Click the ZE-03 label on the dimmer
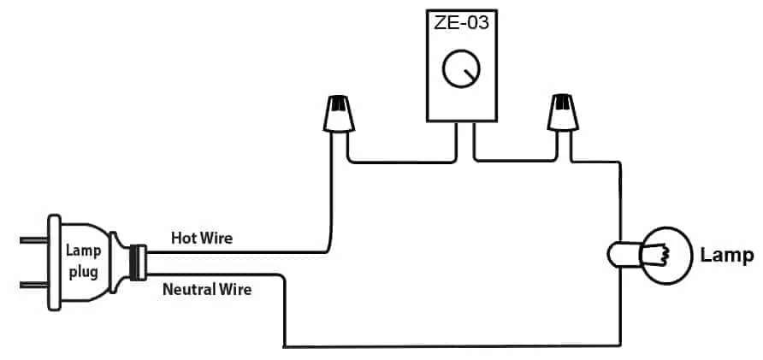pos(463,23)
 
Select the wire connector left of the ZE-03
pos(340,115)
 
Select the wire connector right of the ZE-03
pos(563,115)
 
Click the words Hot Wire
pos(201,237)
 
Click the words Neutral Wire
pos(207,290)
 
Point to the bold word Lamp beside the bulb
pos(726,255)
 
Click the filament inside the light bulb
pos(659,254)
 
